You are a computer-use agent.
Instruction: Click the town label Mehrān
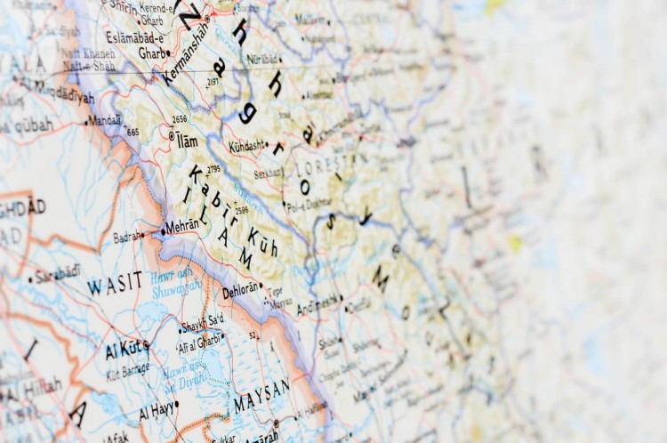click(x=183, y=226)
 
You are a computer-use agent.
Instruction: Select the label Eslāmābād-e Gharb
click(x=138, y=45)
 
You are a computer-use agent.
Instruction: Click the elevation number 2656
click(x=180, y=118)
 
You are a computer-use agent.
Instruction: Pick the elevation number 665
click(x=133, y=132)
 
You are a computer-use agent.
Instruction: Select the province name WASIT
click(x=115, y=284)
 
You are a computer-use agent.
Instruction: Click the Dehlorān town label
click(x=240, y=289)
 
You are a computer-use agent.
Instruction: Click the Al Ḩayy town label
click(x=156, y=410)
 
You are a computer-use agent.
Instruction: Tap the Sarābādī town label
click(x=59, y=272)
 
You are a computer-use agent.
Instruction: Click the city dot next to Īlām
click(x=172, y=136)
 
